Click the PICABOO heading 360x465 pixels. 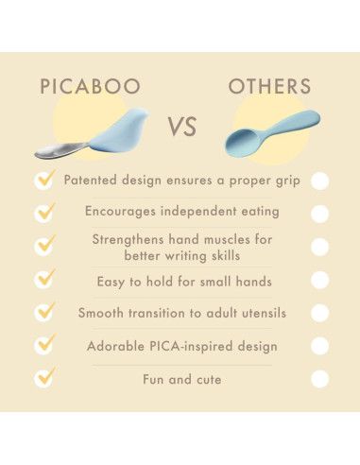(91, 86)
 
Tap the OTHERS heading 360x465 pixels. (269, 86)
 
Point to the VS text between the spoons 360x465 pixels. (182, 127)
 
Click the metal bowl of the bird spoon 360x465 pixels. (60, 150)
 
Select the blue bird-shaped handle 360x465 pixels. (121, 131)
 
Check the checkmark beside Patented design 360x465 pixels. (45, 179)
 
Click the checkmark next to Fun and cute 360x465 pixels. (45, 377)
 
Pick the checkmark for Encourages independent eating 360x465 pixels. (45, 212)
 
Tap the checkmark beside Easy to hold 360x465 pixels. (45, 278)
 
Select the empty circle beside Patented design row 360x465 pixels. (320, 181)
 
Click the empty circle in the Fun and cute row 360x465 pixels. (320, 379)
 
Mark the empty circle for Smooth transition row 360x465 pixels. (320, 313)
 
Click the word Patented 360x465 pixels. (91, 181)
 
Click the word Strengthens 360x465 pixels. (129, 240)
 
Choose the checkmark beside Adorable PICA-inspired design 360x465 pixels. (45, 344)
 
